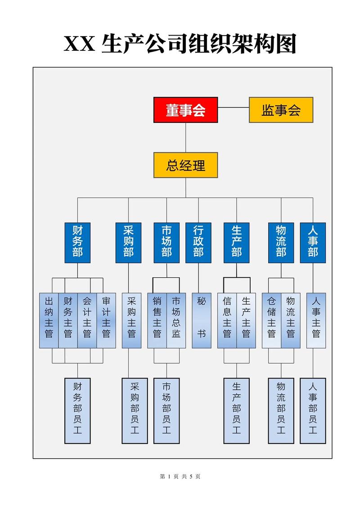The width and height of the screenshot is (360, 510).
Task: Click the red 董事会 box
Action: click(x=185, y=110)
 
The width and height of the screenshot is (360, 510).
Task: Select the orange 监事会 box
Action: click(x=281, y=110)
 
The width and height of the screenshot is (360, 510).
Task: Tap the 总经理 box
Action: click(x=185, y=165)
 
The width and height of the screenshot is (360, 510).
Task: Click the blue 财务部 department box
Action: click(x=77, y=243)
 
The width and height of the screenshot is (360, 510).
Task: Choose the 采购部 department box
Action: click(x=128, y=243)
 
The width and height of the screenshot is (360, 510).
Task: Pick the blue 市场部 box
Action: click(x=166, y=243)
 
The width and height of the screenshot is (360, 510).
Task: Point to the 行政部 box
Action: click(x=198, y=243)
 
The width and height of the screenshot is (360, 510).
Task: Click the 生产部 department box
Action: click(x=236, y=243)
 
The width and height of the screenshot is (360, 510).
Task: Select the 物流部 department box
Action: click(x=281, y=243)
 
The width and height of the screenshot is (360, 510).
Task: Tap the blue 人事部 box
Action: click(x=313, y=243)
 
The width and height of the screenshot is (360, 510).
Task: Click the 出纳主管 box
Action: click(x=49, y=320)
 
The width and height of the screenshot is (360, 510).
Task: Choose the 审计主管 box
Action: click(x=106, y=320)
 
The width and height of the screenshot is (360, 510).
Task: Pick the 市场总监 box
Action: click(x=176, y=320)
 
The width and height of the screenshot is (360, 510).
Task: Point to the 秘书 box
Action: click(x=201, y=320)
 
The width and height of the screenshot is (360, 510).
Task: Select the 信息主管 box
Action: click(x=227, y=320)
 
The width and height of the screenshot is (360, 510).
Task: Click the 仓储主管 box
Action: click(x=271, y=320)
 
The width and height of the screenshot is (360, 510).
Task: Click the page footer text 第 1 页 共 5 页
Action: click(x=180, y=476)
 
